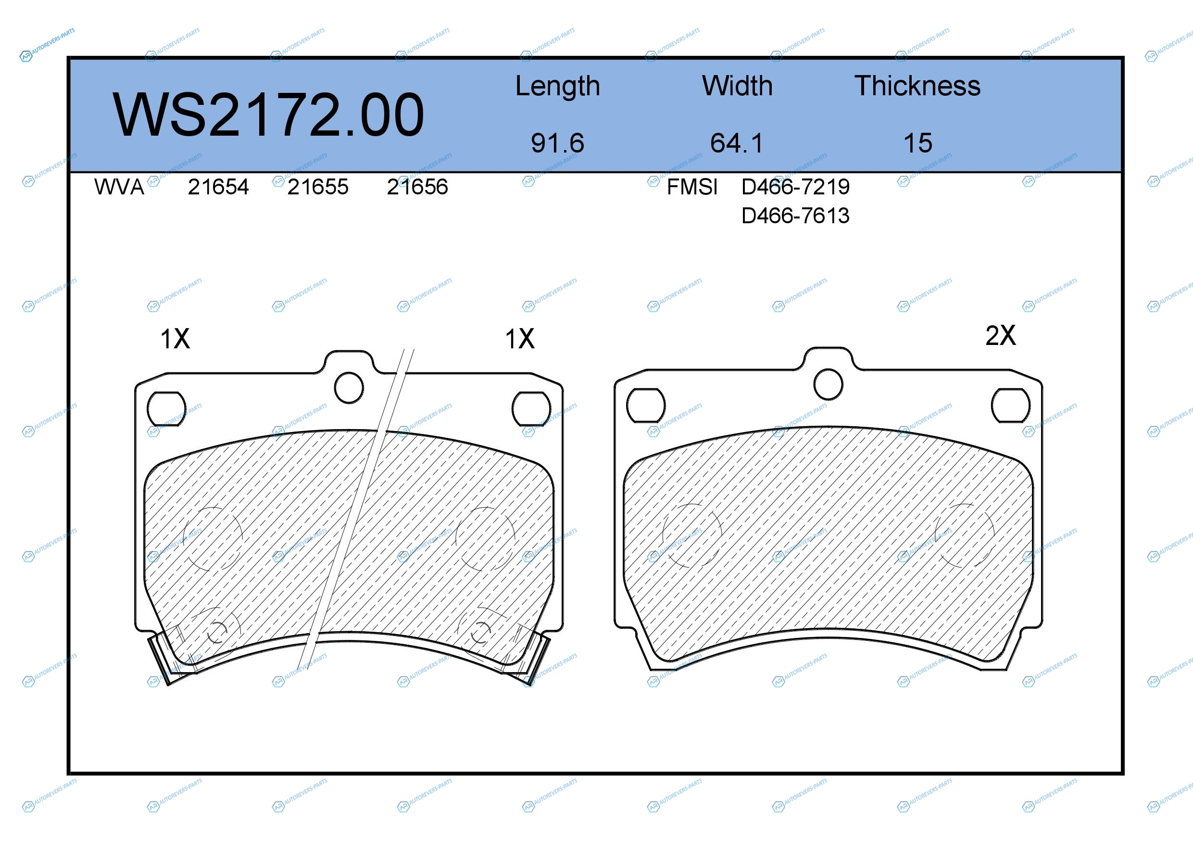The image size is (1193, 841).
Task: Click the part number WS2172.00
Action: click(268, 115)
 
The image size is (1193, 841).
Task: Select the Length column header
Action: click(557, 86)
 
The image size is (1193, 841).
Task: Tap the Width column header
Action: click(737, 86)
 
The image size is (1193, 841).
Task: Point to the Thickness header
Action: click(917, 86)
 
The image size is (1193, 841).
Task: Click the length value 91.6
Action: click(557, 143)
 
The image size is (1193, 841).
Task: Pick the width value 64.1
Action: click(737, 143)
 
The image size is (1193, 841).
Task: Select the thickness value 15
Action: click(917, 143)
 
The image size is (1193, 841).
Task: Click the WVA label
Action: click(119, 187)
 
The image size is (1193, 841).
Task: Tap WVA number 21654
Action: click(218, 187)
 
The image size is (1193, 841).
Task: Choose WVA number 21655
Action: click(318, 187)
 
